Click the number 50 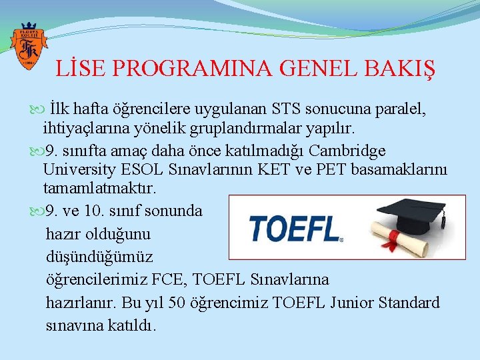(177, 302)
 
